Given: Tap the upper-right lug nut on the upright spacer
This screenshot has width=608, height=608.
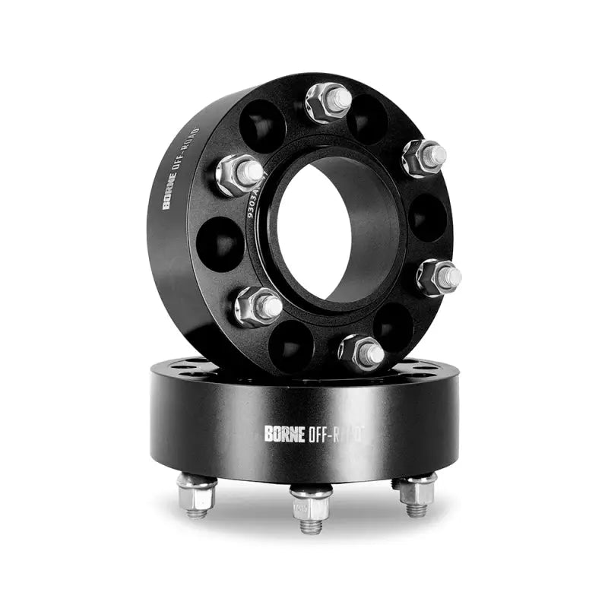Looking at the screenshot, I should click(x=425, y=157).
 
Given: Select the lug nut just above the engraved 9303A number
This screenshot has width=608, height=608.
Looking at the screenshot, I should click(x=239, y=175).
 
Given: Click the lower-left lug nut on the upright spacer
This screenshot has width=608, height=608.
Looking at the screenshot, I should click(x=257, y=306).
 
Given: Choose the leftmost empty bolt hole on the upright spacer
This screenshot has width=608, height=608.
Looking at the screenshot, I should click(x=220, y=243).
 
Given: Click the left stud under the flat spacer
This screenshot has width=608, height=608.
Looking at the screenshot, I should click(x=196, y=493).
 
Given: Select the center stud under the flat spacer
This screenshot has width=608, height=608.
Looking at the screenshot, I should click(x=311, y=508).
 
